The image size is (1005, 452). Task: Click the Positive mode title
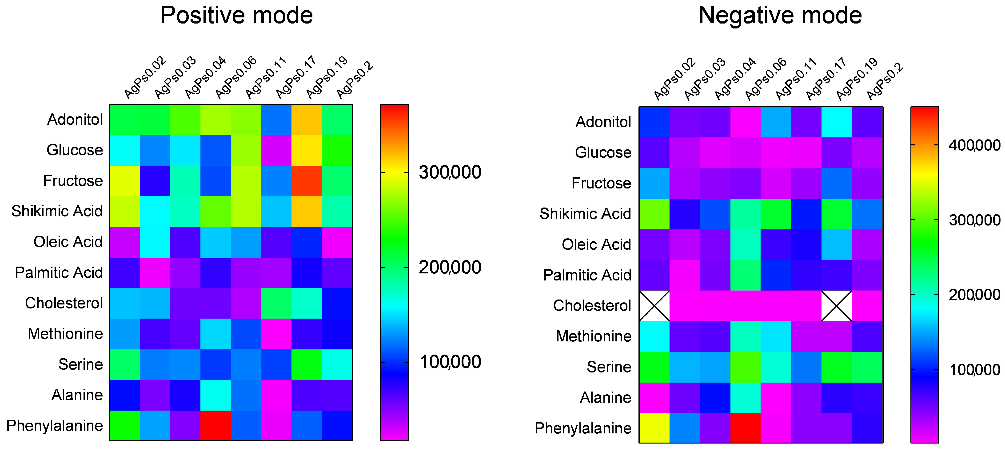[236, 16]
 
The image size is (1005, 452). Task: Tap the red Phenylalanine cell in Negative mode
[745, 428]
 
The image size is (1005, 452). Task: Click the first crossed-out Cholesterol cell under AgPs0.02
[654, 306]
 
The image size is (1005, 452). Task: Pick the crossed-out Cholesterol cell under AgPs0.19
[837, 306]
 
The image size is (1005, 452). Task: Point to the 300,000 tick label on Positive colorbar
[450, 172]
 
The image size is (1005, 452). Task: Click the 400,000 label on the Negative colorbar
[974, 145]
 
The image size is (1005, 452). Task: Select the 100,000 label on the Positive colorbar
[450, 362]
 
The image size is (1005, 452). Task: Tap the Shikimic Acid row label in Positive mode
[57, 211]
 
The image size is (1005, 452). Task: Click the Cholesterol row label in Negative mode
[592, 306]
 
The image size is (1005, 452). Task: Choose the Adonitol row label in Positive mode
[75, 120]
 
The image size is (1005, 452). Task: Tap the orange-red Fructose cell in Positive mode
[307, 181]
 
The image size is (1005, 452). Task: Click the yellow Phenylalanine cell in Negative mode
[654, 428]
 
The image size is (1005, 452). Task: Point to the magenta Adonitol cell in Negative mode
[745, 122]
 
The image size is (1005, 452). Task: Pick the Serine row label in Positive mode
[80, 364]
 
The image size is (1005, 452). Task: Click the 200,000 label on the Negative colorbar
[974, 295]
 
